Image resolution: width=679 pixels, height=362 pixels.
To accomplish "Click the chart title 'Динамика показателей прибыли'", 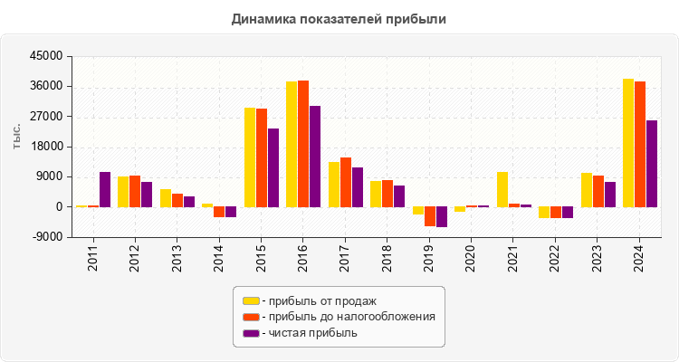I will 339,18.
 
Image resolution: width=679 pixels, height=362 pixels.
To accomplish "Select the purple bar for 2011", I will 105,189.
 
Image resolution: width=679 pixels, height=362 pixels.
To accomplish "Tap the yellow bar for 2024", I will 628,143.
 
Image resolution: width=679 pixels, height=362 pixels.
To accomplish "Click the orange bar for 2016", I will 303,144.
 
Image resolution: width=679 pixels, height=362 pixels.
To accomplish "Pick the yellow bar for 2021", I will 502,189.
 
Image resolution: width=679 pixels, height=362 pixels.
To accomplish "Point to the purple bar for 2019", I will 442,216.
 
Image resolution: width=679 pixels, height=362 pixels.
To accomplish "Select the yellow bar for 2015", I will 250,157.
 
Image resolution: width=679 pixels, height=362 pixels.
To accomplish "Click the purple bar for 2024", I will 652,164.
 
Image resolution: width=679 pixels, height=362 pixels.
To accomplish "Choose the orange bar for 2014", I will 219,212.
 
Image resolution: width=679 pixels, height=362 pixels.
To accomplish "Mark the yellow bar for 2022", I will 544,213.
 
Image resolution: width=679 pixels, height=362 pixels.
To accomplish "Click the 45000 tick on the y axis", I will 46,56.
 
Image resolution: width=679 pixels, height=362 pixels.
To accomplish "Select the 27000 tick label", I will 46,117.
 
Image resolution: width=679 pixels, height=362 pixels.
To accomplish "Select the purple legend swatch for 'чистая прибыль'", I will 251,333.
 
